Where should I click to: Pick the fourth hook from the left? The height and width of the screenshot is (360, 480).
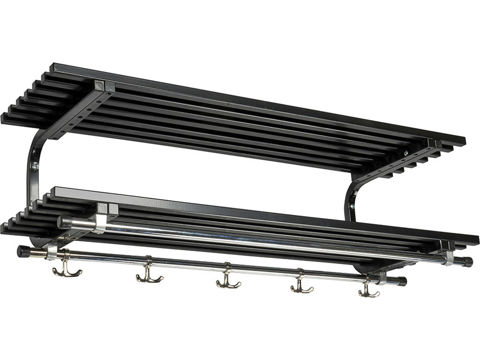click(301, 285)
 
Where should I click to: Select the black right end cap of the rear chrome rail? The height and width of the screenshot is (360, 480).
click(467, 262)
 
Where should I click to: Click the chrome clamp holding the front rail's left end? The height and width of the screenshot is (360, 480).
click(52, 252)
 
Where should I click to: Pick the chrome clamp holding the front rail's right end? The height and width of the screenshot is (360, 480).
click(382, 277)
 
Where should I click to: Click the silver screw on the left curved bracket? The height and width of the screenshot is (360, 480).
click(34, 165)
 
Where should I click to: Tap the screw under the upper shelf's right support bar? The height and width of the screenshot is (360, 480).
click(406, 152)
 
